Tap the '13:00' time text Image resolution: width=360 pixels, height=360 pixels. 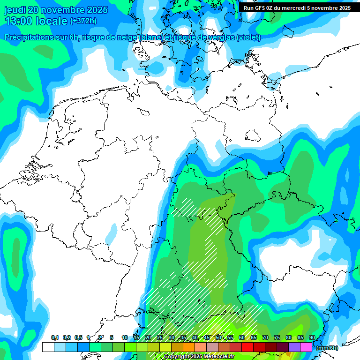[18, 21]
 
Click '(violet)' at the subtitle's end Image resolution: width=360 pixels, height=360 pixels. [249, 37]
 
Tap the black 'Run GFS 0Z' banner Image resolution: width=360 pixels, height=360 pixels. [297, 7]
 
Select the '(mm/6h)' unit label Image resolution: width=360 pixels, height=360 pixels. [327, 348]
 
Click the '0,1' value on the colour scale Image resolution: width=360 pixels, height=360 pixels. [54, 338]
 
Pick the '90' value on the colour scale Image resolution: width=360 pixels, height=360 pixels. [312, 338]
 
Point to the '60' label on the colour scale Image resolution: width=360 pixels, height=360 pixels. [242, 338]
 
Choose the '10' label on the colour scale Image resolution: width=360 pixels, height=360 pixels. [124, 338]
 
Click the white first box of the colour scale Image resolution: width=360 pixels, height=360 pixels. [48, 347]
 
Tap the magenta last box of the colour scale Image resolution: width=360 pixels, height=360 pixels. [306, 347]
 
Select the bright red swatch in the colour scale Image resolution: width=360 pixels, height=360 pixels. [247, 347]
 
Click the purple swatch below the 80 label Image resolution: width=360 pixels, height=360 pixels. [294, 347]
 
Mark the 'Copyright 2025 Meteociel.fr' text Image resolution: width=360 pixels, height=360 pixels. [199, 357]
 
